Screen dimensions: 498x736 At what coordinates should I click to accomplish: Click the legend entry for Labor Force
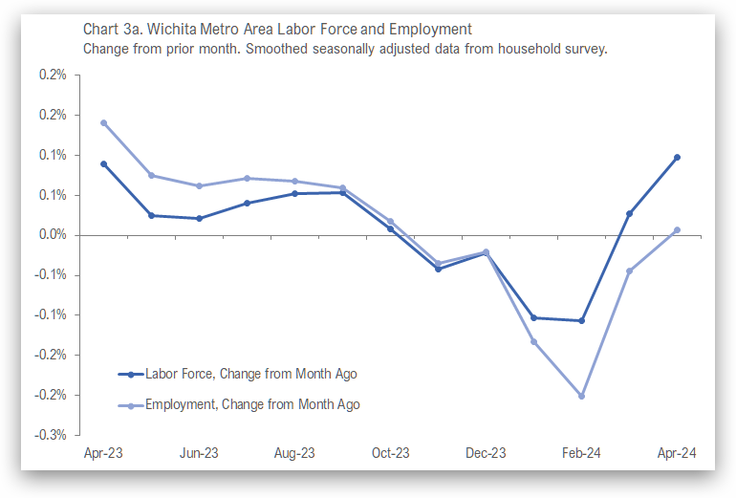pyautogui.click(x=250, y=375)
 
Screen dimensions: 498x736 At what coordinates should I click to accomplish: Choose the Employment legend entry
pyautogui.click(x=252, y=405)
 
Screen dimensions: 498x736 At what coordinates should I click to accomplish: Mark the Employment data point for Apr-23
pyautogui.click(x=103, y=123)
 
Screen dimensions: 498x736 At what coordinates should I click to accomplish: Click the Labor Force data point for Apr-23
pyautogui.click(x=103, y=164)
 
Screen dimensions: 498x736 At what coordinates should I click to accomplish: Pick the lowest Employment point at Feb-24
pyautogui.click(x=581, y=396)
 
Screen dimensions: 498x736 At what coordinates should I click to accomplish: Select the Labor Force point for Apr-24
pyautogui.click(x=677, y=158)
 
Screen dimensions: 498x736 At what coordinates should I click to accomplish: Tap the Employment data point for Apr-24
pyautogui.click(x=677, y=230)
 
